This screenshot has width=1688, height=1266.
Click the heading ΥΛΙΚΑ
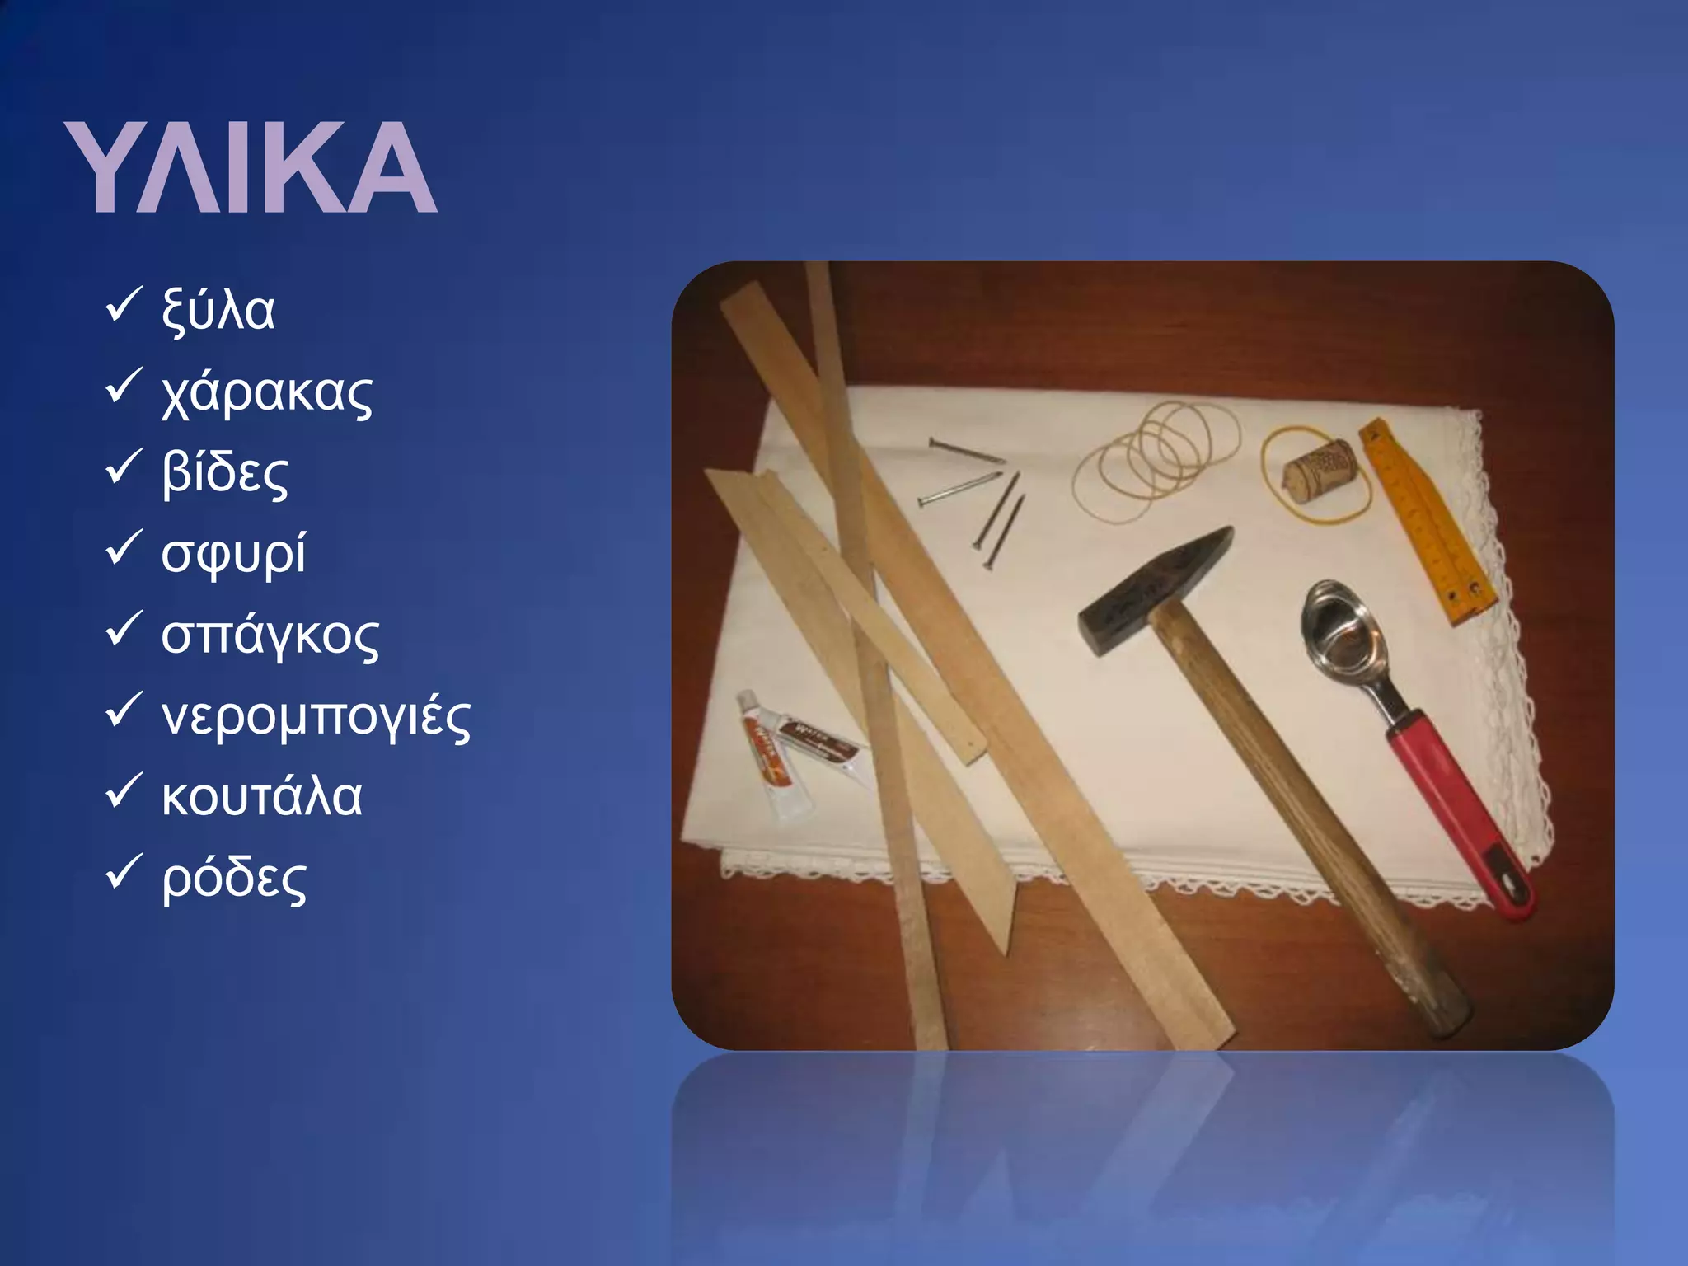251,168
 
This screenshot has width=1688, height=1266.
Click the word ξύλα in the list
218,310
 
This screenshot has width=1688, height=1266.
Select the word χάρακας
267,392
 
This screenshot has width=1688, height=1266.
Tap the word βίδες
225,472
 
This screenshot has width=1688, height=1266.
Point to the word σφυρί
233,553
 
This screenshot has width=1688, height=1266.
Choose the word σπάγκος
270,635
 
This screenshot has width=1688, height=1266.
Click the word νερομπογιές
316,716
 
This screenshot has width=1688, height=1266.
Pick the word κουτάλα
261,797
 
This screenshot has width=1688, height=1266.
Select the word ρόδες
234,879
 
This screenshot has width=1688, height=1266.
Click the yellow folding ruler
1426,519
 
